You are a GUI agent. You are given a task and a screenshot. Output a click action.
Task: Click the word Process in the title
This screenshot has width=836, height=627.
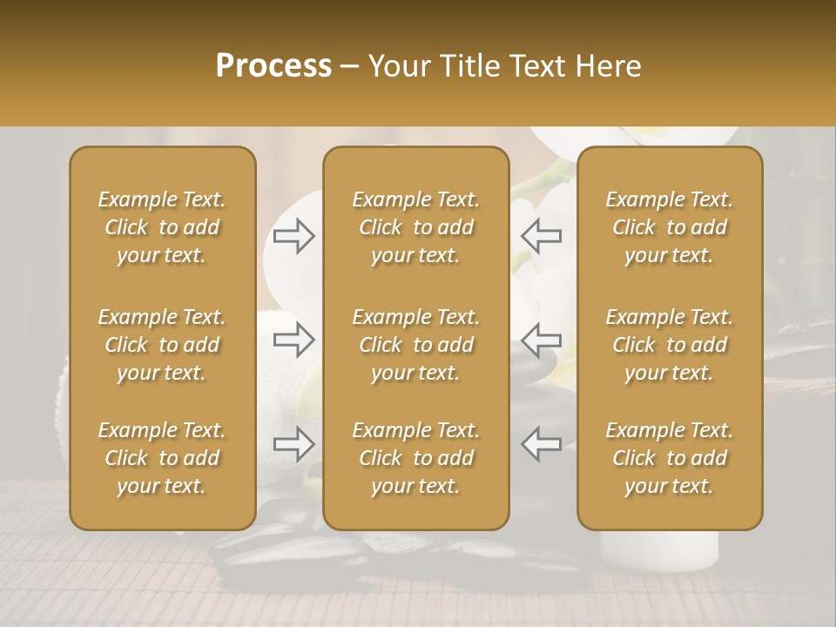coord(273,66)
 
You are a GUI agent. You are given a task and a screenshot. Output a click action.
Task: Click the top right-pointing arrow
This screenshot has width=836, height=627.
coord(294,235)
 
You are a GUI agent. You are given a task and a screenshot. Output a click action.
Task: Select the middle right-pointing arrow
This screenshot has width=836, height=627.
coord(294,338)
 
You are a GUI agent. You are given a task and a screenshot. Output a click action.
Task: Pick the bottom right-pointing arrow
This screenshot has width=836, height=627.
coord(294,444)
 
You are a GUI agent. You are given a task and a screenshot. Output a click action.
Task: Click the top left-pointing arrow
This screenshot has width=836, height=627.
coord(542,235)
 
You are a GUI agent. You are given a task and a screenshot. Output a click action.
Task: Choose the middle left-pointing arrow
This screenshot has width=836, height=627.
coord(542,338)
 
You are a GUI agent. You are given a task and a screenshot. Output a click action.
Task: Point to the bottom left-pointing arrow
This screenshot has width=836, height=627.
coord(542,444)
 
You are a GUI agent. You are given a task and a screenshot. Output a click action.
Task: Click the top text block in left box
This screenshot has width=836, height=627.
coord(162,227)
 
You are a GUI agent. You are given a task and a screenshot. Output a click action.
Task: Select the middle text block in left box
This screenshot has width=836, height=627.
coord(162,345)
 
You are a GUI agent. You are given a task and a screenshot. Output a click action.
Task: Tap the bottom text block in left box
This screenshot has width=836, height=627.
coord(162,458)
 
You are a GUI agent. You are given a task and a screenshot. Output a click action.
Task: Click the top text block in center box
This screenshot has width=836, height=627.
coord(415,227)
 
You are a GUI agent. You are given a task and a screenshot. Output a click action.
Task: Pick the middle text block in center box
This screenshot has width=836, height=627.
coord(415,345)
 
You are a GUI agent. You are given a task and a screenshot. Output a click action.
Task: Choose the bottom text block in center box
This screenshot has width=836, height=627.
coord(415,458)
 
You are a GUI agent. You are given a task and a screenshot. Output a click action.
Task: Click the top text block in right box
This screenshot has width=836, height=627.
coord(669,227)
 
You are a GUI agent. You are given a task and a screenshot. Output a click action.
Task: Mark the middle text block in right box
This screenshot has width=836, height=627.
coord(669,345)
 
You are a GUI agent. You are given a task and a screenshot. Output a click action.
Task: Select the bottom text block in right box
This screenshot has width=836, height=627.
coord(669,458)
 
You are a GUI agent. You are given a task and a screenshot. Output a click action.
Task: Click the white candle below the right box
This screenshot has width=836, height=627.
coord(659,550)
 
